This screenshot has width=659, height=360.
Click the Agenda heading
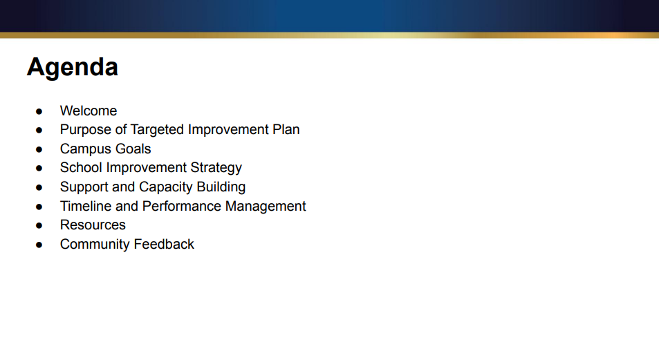(73, 68)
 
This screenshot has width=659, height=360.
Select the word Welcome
(89, 111)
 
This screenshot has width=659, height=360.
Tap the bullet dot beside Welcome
(39, 111)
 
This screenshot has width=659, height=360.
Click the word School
(81, 167)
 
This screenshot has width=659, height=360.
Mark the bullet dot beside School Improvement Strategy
(39, 168)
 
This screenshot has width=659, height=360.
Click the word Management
(263, 206)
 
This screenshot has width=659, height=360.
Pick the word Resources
(93, 225)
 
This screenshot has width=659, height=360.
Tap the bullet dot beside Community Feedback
(39, 245)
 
